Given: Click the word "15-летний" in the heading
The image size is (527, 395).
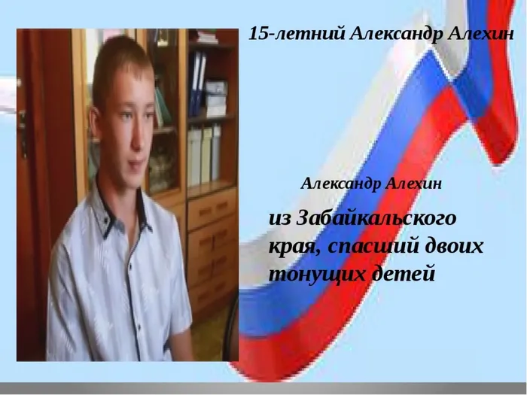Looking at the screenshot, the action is (297, 34).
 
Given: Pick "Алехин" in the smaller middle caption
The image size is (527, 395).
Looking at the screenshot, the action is (413, 184).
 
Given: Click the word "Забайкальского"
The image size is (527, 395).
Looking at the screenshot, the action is (376, 218).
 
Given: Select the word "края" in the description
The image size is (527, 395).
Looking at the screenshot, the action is (296, 248).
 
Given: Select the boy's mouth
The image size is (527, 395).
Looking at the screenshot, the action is (137, 166).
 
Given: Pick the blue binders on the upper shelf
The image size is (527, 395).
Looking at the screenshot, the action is (197, 84).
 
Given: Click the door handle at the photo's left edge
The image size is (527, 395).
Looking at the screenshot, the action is (23, 135).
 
